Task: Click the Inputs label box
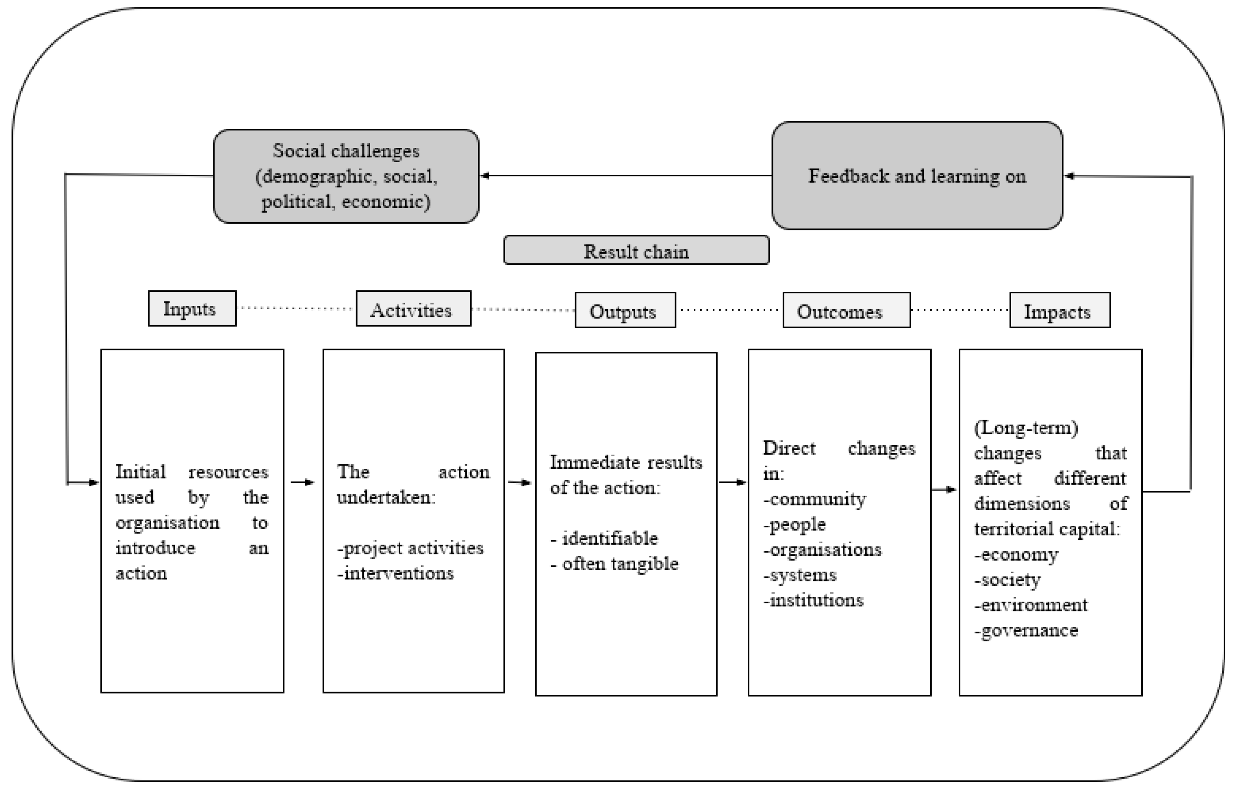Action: point(192,308)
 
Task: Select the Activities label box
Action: point(413,308)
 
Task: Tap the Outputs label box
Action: point(625,310)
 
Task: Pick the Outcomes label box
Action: point(846,310)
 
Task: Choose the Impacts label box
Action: point(1059,310)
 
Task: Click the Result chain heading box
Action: point(636,251)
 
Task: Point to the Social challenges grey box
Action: point(346,176)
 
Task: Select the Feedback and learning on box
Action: point(917,176)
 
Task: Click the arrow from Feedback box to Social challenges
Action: point(625,176)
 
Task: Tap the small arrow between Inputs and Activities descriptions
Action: point(302,482)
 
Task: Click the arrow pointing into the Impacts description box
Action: point(944,490)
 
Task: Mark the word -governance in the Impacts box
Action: point(1026,631)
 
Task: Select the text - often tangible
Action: point(614,564)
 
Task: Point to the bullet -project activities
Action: point(410,548)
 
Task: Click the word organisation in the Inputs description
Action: point(167,522)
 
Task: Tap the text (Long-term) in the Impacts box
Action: point(1026,428)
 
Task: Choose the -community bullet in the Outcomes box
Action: point(814,499)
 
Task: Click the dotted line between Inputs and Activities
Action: point(296,308)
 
